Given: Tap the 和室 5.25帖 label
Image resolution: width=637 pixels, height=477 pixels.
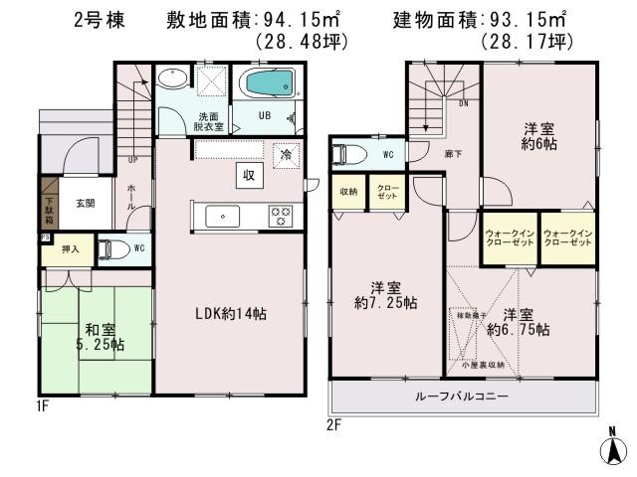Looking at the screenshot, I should (x=99, y=337).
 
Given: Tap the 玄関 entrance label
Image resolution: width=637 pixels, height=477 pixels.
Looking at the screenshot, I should (x=85, y=204).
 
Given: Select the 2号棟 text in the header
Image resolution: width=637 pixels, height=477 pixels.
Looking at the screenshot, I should (x=98, y=19).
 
